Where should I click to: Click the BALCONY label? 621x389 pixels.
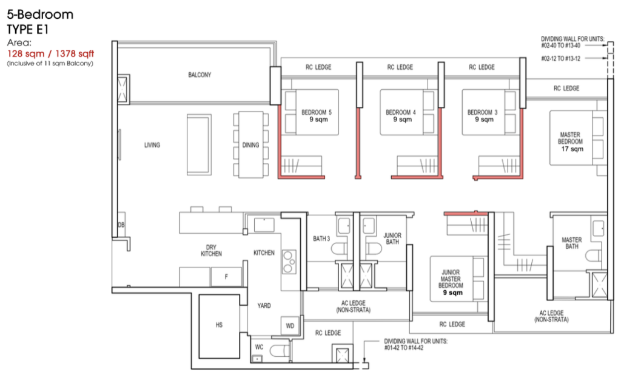200,75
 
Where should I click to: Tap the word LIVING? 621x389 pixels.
152,145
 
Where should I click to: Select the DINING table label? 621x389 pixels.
250,145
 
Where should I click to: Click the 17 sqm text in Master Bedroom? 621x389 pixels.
572,149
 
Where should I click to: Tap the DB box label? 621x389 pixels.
121,225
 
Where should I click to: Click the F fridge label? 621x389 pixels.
226,277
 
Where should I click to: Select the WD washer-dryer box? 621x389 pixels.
290,326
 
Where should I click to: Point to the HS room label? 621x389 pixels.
219,325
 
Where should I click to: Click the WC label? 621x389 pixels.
259,347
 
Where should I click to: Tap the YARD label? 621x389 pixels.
264,305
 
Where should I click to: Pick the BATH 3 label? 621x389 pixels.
321,238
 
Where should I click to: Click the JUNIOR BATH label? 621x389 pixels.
392,238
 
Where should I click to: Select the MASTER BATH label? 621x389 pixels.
572,243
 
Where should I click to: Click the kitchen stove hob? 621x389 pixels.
289,262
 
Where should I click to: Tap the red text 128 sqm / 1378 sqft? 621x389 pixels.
51,54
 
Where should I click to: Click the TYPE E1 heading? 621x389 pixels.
27,30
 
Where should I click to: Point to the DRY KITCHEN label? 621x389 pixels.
211,251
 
